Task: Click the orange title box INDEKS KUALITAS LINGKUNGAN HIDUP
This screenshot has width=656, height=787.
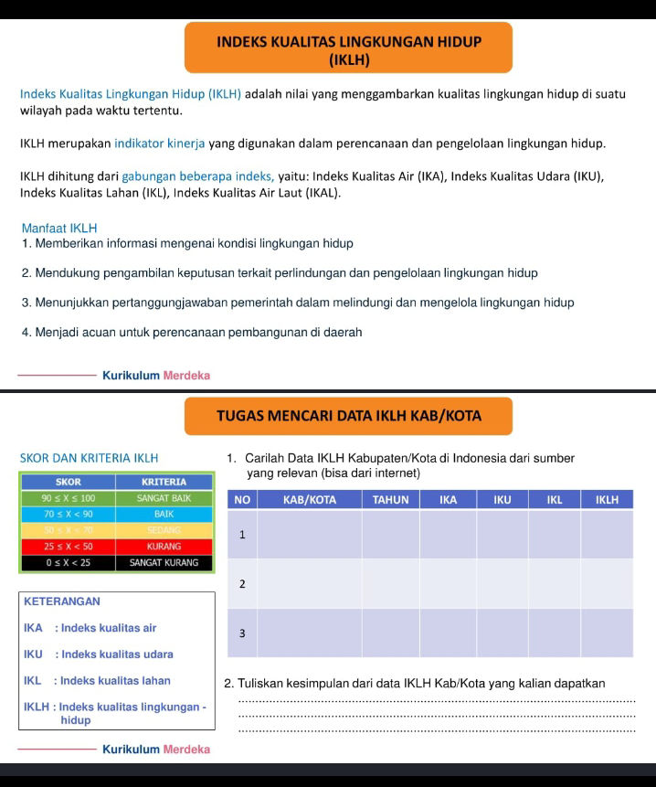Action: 348,49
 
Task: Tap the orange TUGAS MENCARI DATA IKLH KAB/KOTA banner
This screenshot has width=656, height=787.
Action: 348,416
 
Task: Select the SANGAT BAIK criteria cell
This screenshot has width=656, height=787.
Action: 164,498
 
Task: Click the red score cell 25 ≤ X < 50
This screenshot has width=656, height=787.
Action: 69,546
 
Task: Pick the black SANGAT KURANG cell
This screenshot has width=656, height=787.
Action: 164,562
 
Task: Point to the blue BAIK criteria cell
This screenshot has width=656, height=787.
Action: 164,515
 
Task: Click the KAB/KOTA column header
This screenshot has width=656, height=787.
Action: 310,499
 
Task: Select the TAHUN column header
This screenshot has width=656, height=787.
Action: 390,499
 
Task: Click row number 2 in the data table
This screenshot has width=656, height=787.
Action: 242,583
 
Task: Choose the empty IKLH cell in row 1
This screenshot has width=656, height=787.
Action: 607,534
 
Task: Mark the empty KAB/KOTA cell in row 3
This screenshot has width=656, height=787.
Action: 310,633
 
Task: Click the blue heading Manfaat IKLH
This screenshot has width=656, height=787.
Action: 58,228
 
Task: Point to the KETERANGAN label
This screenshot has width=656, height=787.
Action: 62,601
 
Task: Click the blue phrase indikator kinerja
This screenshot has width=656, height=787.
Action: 160,144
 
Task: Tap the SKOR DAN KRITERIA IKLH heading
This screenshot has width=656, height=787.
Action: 89,457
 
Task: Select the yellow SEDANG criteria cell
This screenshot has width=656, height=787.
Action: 164,530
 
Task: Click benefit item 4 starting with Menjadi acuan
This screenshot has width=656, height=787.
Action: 192,332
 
